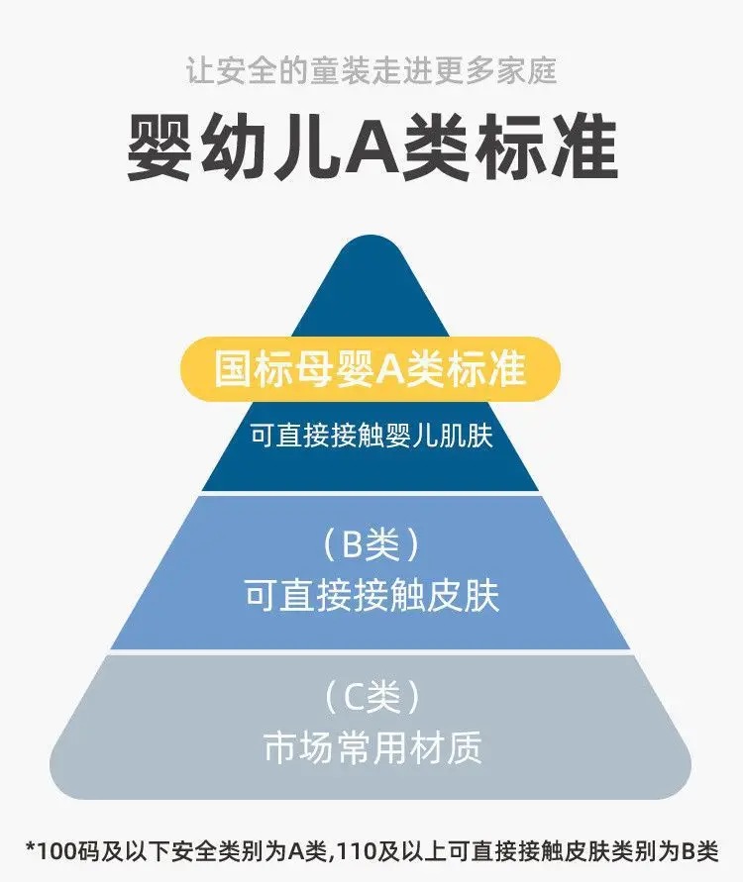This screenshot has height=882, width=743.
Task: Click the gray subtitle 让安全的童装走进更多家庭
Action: pos(371,71)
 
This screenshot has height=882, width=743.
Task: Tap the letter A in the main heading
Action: pos(372,147)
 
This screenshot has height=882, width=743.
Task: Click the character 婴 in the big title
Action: pos(159,147)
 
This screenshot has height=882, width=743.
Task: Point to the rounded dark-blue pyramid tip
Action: pos(371,247)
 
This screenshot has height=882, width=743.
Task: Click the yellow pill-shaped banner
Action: pos(371,369)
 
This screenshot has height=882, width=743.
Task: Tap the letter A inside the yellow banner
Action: pos(387,370)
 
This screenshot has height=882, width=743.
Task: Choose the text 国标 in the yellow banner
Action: pos(253,369)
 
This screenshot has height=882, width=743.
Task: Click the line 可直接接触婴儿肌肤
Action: pos(371,436)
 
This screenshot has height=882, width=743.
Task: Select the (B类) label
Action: pos(371,544)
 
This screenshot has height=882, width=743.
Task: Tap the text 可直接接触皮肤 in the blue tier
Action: pos(372,595)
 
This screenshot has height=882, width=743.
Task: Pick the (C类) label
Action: pos(372,697)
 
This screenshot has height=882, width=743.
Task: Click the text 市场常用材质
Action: pos(372,747)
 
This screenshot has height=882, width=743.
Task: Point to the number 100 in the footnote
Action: pos(56,851)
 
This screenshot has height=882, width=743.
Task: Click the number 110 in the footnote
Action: pos(358,851)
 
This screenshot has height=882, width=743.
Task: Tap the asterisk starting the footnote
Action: pos(31,848)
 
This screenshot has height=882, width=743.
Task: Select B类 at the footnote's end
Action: pos(700,851)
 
